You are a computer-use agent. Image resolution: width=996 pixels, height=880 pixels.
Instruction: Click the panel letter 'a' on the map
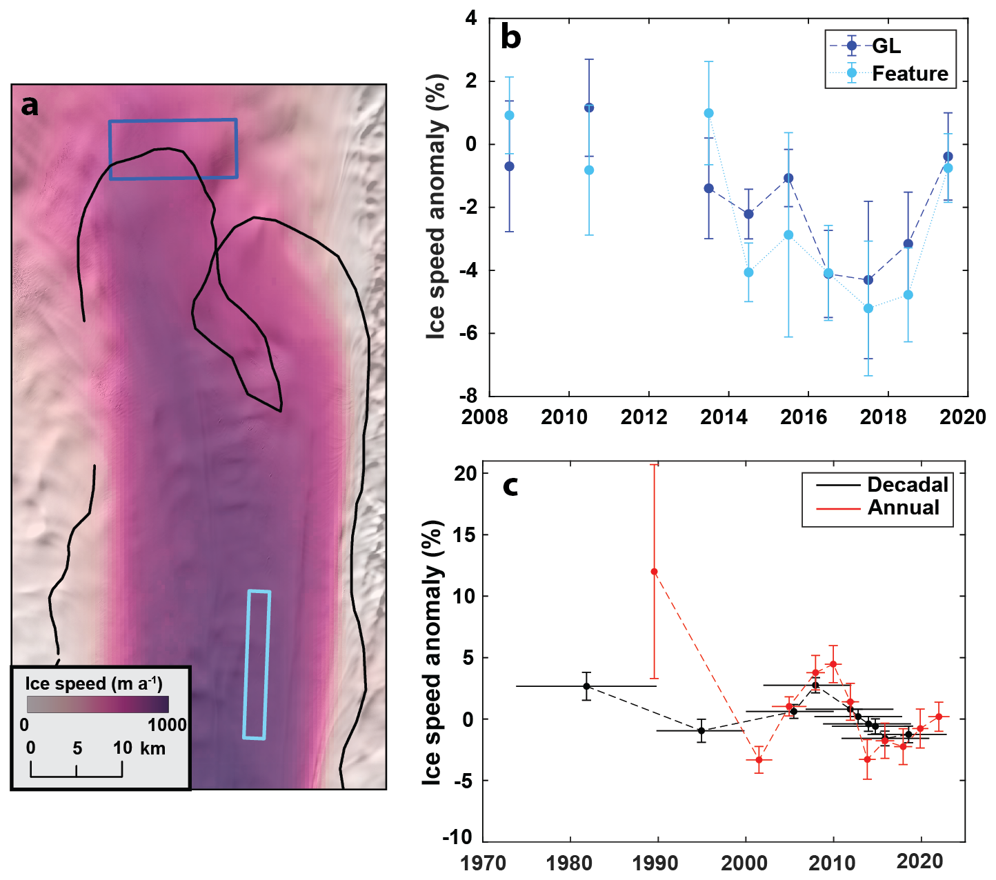point(30,106)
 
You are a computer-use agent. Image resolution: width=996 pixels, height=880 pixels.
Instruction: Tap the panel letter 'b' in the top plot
point(511,37)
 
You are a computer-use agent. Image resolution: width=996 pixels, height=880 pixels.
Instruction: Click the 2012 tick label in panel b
point(644,417)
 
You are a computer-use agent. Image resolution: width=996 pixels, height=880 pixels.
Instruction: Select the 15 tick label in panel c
point(466,535)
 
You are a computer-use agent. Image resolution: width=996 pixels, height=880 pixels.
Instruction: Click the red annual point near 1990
point(655,571)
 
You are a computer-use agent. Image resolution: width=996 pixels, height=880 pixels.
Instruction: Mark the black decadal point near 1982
point(586,686)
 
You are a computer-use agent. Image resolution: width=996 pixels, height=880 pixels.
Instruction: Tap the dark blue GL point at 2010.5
point(589,108)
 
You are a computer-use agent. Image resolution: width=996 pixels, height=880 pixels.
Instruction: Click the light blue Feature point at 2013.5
point(709,113)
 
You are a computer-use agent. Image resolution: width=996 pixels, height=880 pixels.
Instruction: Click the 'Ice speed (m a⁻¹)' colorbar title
point(94,684)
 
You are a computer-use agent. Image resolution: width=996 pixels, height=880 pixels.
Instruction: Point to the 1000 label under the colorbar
point(167,725)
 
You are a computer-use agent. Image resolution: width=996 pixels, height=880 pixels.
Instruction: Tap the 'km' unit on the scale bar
point(153,748)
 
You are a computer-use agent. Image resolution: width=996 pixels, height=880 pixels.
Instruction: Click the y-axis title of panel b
point(436,206)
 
